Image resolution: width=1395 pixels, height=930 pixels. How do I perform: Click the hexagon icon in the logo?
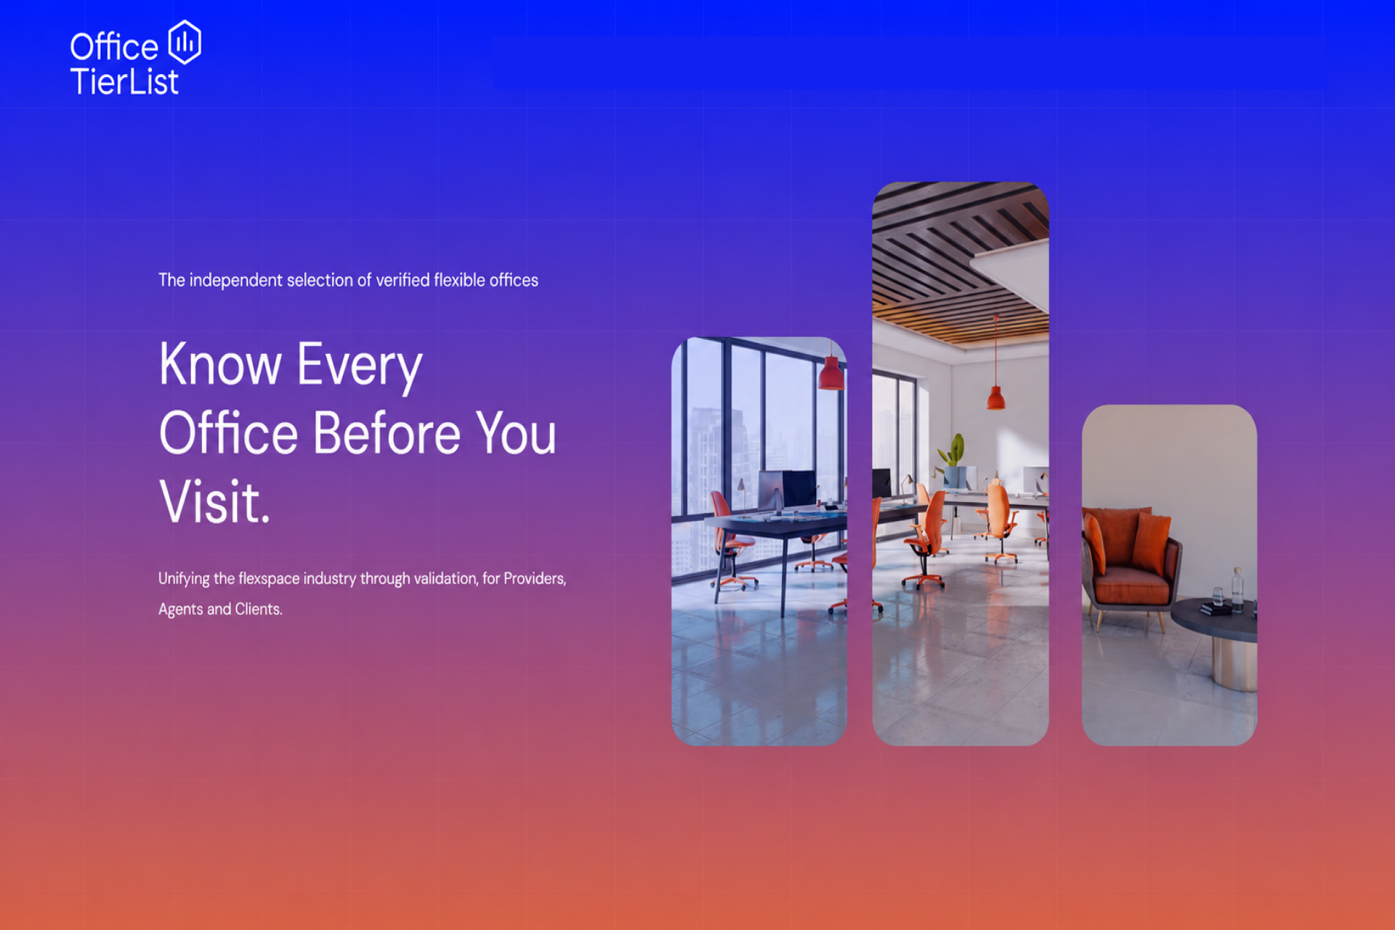pos(185,42)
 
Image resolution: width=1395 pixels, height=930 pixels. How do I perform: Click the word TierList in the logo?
pos(124,81)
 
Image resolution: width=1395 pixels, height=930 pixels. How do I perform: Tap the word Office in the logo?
pos(114,47)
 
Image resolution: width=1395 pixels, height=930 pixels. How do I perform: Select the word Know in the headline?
pos(220,364)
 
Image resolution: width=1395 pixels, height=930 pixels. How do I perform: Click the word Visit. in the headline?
pos(214,501)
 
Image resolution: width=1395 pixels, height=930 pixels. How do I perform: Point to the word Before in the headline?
pos(387,433)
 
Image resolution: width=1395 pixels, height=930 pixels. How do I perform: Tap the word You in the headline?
pos(517,433)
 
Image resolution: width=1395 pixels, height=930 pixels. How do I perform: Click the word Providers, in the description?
pos(535,579)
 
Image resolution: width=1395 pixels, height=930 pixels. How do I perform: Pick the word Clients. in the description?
pos(259,609)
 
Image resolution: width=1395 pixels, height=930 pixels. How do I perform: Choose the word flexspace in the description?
pos(269,579)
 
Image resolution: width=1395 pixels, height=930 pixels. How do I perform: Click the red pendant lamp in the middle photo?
pos(995,397)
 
